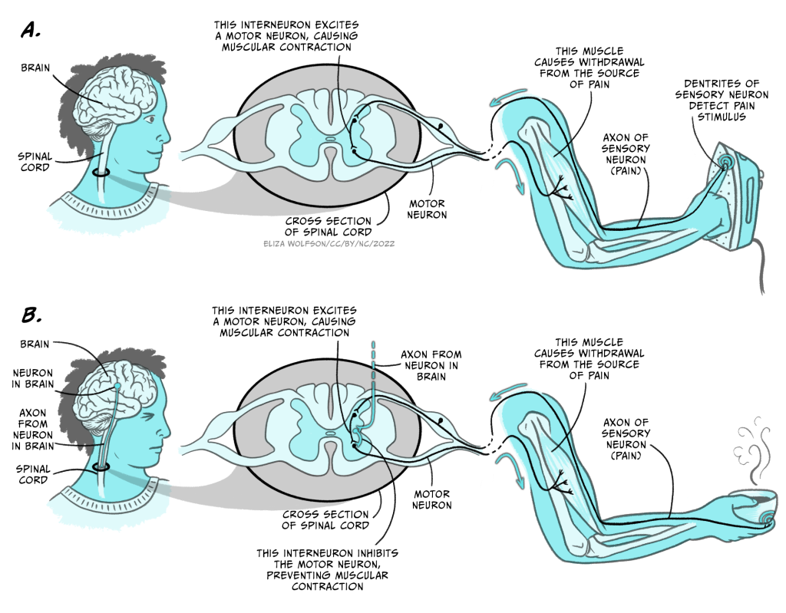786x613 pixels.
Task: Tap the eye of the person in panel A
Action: tap(150, 120)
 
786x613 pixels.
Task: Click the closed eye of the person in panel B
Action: tap(148, 418)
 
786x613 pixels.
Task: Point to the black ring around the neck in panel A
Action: tap(101, 173)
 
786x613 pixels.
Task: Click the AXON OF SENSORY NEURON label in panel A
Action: tap(625, 154)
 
